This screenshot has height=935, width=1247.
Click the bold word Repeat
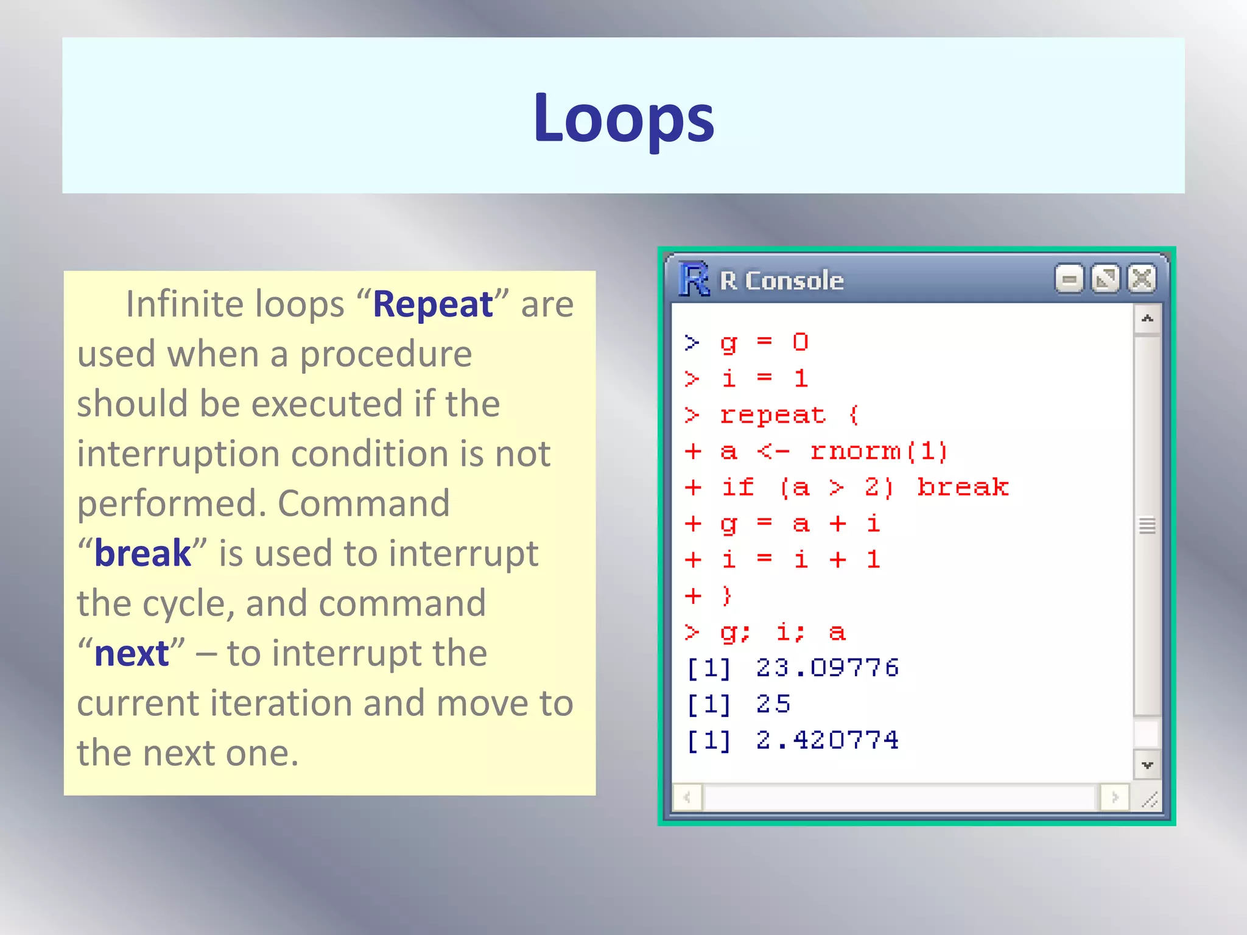pos(432,304)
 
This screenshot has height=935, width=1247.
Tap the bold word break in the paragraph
pos(142,553)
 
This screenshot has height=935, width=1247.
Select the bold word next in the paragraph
pos(132,654)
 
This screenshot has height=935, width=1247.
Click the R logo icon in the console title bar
pos(694,280)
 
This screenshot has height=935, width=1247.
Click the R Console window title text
pos(782,281)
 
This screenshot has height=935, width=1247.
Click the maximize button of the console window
pos(1106,279)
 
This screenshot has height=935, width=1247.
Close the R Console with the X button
pos(1142,279)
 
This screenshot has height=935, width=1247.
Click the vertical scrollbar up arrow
pos(1148,318)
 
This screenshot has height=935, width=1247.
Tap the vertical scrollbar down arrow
pos(1148,765)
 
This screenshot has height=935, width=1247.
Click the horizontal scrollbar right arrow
pos(1115,797)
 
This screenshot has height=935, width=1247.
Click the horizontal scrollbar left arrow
pos(687,797)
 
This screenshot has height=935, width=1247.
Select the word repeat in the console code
pos(773,416)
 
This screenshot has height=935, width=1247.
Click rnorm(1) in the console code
pos(879,452)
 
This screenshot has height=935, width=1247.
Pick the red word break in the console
pos(963,488)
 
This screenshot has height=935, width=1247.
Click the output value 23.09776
pos(827,668)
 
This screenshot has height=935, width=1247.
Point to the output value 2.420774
pos(827,741)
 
